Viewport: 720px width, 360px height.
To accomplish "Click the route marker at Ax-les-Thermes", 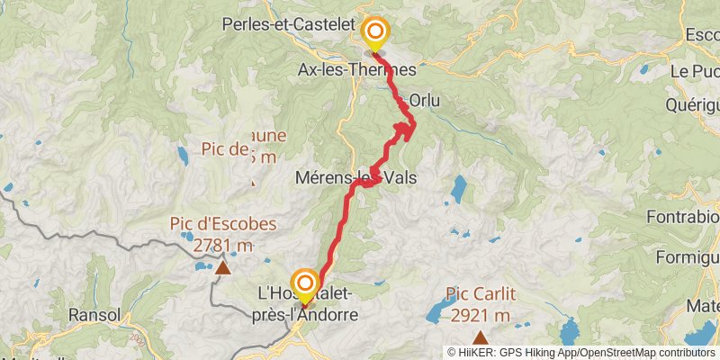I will click(x=374, y=34).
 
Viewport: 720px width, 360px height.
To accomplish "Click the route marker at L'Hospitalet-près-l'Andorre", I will click(x=304, y=285).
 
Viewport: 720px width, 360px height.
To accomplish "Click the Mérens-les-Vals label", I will click(x=354, y=178).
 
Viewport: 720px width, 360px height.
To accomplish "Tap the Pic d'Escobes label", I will click(x=222, y=224).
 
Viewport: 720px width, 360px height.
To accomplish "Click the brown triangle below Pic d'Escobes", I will click(x=222, y=266).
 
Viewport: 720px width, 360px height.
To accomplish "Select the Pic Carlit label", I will click(x=479, y=295).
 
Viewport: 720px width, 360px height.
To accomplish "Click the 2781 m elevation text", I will click(x=223, y=244).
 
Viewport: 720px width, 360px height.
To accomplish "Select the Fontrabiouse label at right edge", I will click(x=682, y=216).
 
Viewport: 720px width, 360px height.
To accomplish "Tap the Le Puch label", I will click(x=694, y=70).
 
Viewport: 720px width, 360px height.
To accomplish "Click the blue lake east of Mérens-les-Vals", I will click(x=459, y=188).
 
